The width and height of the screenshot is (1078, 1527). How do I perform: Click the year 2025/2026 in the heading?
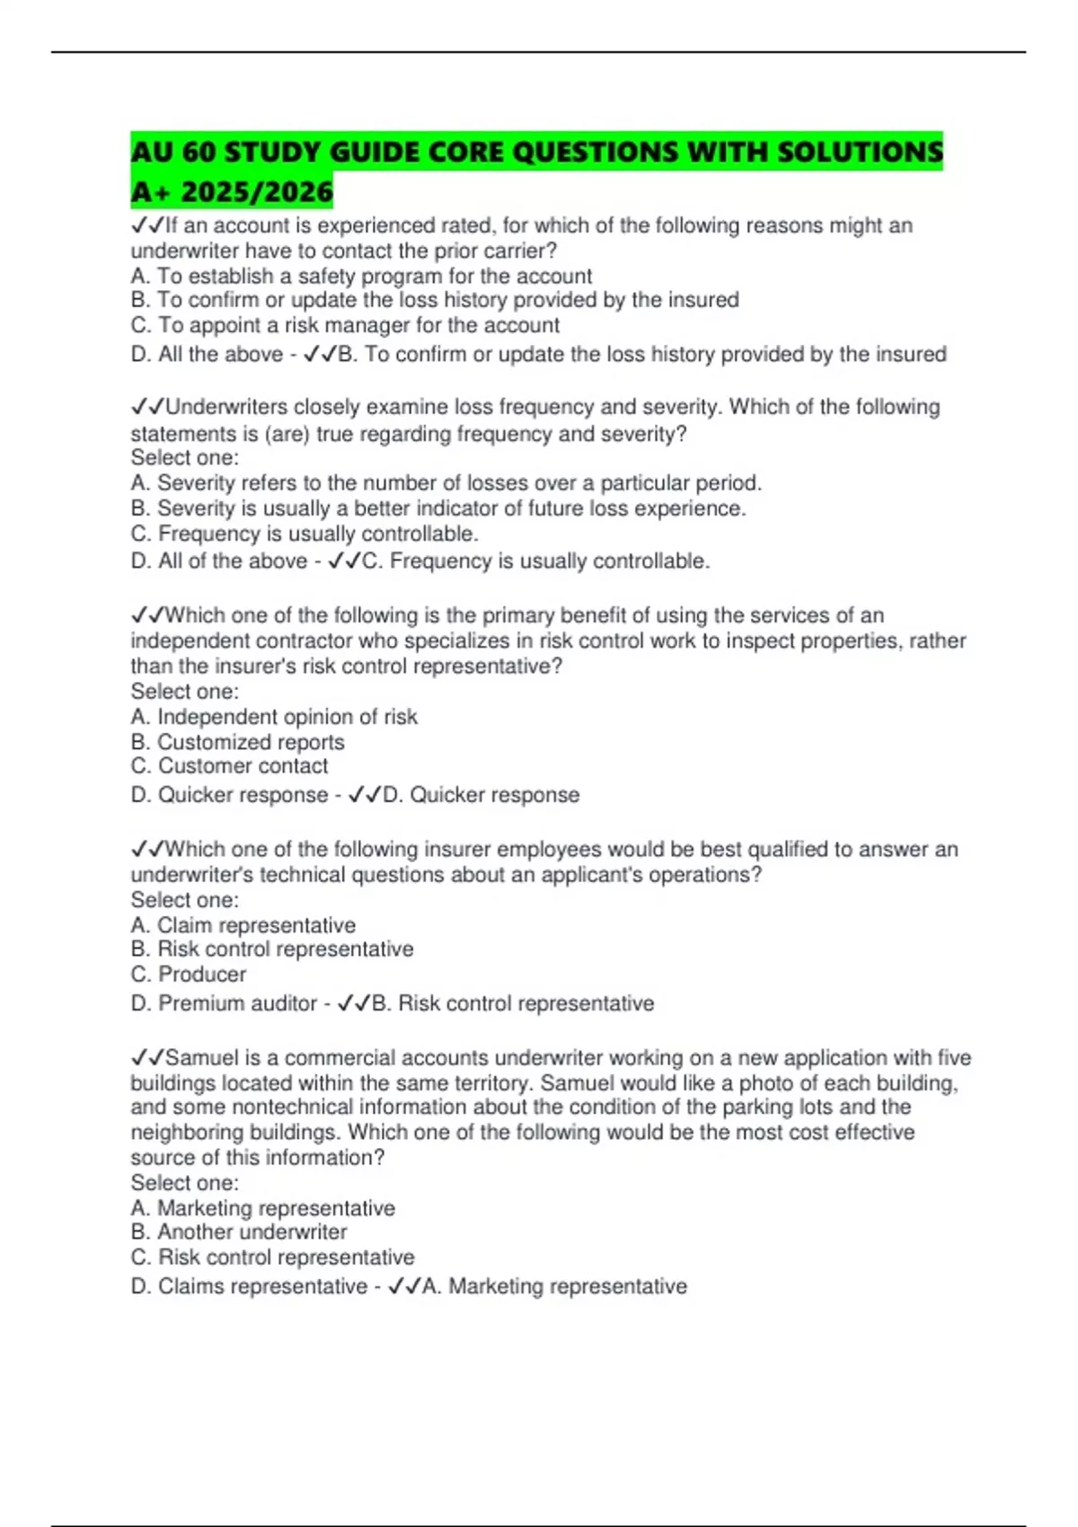coord(257,191)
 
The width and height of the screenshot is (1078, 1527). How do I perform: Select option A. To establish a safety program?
coord(361,276)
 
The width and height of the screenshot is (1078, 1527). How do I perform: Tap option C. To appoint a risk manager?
coord(345,325)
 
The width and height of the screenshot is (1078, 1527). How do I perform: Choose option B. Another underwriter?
coord(239,1231)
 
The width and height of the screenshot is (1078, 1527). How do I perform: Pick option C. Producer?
coord(189,975)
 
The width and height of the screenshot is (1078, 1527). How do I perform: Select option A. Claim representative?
coord(243,925)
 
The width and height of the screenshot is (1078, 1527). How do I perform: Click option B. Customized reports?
coord(238,742)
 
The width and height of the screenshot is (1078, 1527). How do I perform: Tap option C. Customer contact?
coord(230,766)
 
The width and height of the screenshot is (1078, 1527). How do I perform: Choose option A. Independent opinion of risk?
coord(274,717)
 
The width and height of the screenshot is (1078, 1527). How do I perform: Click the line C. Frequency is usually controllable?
coord(305,534)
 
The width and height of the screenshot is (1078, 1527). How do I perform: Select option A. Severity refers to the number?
coord(446,483)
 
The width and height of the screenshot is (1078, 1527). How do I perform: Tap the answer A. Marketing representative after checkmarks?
coord(554,1286)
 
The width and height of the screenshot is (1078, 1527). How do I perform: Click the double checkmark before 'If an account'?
coord(147,225)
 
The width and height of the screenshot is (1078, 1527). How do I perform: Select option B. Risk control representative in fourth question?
coord(272,949)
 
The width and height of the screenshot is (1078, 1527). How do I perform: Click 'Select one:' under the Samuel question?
coord(185,1183)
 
